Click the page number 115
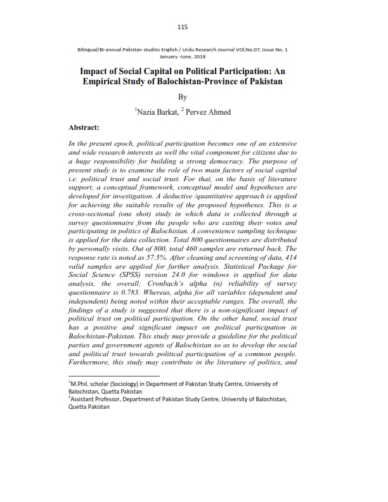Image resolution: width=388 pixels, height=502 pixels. (183, 27)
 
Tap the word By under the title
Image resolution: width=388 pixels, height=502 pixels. (183, 97)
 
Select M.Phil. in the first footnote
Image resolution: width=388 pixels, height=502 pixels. (82, 384)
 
